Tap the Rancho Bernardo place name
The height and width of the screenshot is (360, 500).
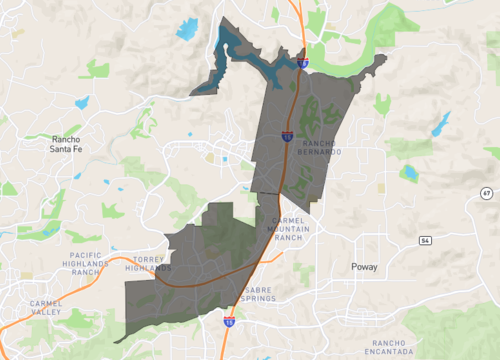coord(320,147)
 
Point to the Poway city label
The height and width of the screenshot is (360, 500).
coord(365,268)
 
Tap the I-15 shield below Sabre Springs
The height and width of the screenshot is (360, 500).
coord(229,321)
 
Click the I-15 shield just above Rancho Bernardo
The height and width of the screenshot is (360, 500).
coord(286,133)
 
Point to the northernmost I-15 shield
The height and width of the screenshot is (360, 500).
coord(302,63)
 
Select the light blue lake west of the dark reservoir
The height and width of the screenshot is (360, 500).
coord(187,28)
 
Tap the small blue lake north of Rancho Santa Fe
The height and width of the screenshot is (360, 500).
coord(81,102)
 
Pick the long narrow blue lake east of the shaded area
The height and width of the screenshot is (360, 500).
coord(440,123)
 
